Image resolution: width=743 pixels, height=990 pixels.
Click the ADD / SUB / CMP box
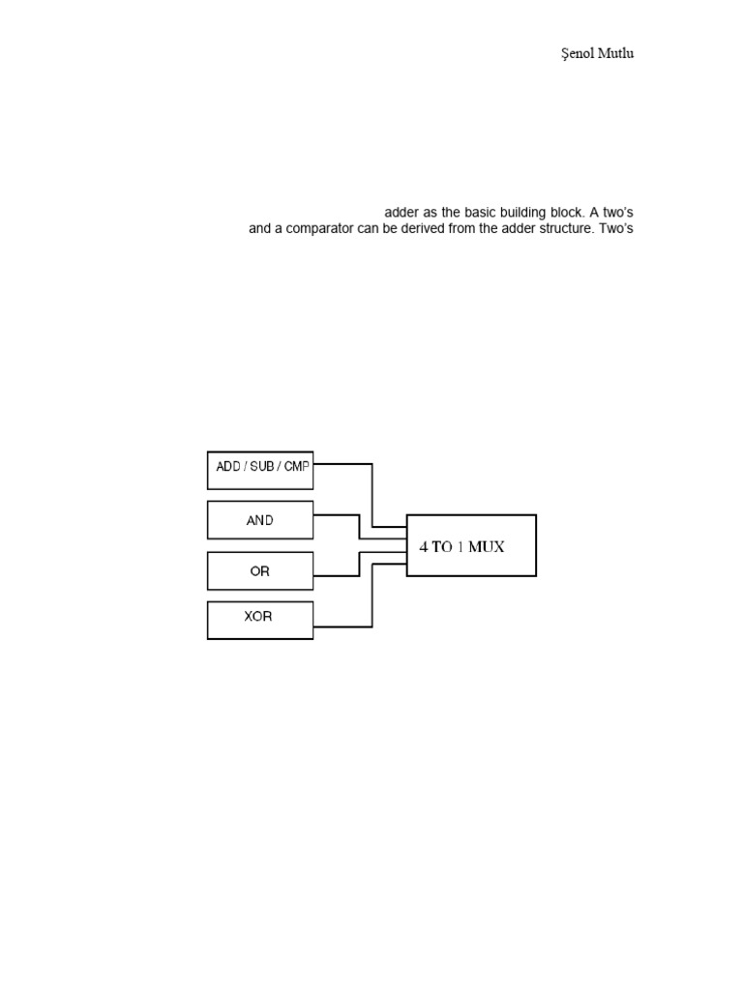pyautogui.click(x=260, y=470)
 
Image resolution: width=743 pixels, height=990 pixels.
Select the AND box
pyautogui.click(x=260, y=520)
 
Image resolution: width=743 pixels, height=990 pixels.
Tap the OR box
pyautogui.click(x=260, y=570)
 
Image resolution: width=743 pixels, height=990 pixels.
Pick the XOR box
pyautogui.click(x=260, y=620)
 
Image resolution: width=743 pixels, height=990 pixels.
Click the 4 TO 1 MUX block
pyautogui.click(x=471, y=545)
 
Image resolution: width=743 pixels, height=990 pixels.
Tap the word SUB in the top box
pyautogui.click(x=262, y=466)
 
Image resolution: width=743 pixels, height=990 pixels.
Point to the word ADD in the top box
pyautogui.click(x=228, y=466)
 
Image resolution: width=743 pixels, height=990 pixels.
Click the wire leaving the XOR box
pyautogui.click(x=343, y=626)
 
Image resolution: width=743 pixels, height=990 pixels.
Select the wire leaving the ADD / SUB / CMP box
pyautogui.click(x=343, y=464)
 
